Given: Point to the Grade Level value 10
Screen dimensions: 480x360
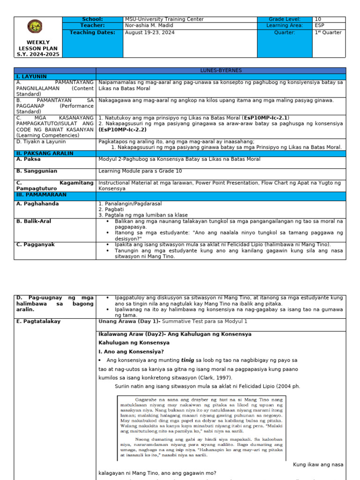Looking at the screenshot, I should click(x=318, y=19).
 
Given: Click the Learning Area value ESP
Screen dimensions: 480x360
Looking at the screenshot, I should click(x=319, y=26).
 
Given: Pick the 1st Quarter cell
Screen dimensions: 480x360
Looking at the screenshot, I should click(x=329, y=32).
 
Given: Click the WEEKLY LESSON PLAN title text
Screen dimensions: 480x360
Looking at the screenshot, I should click(x=38, y=48).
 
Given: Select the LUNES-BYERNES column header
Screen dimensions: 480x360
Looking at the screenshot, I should click(x=221, y=70).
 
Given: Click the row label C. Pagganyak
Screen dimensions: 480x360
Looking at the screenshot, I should click(x=35, y=244).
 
